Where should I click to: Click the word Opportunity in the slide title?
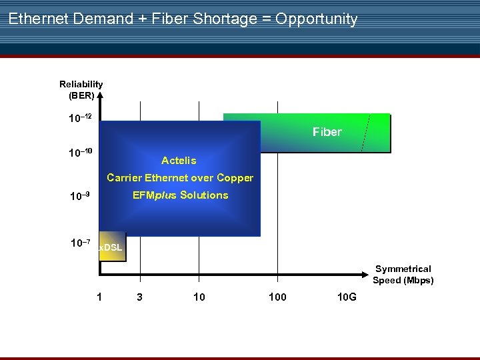pos(317,19)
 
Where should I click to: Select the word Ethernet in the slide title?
pos(38,19)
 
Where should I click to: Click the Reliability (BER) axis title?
pos(81,89)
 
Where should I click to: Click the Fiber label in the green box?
pos(327,132)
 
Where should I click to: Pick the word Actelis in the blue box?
pos(179,161)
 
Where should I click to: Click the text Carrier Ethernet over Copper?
pos(180,178)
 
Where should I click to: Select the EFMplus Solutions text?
pos(180,195)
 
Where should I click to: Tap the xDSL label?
pos(111,248)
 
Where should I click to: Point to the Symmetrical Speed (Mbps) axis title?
pos(403,275)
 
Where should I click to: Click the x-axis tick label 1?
pos(99,297)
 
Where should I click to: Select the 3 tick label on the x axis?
pos(139,297)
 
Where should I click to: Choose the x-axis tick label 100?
pos(277,297)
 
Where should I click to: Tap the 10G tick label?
pos(347,297)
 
